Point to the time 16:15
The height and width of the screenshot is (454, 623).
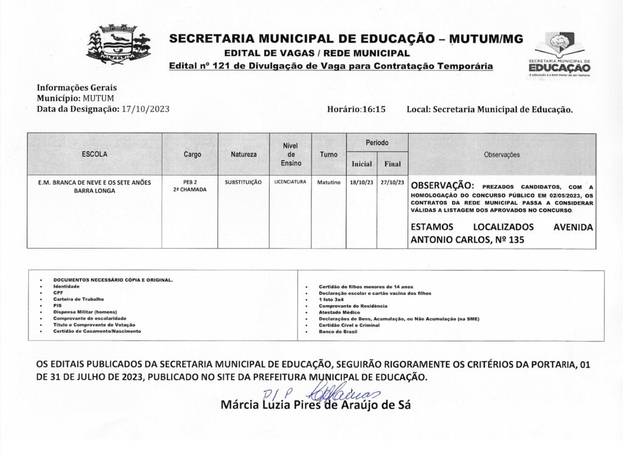pos(375,108)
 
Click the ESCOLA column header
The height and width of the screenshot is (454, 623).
pos(94,154)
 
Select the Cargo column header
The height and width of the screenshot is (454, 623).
pos(192,155)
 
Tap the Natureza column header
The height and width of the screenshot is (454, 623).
pos(243,155)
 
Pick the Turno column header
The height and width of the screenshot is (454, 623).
pos(328,155)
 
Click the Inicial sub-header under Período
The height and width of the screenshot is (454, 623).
pos(361,165)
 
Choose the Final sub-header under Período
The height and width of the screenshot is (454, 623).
pos(392,165)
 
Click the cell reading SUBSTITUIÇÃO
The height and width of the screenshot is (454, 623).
pos(243,182)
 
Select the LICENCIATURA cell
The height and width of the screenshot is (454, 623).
pos(290,182)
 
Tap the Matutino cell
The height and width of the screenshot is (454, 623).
pos(328,182)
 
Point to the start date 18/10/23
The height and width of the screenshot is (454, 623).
pos(361,182)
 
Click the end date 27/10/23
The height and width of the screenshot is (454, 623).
pos(392,182)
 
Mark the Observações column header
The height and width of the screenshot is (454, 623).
pos(502,155)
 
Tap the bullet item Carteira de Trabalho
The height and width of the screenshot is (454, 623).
pos(78,299)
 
